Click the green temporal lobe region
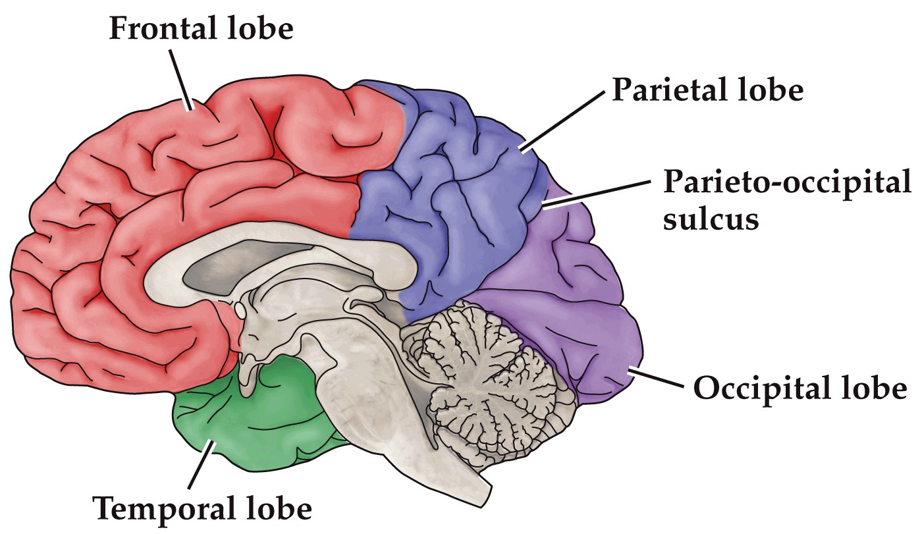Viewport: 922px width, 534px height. coord(263,415)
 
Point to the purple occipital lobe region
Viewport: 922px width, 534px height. coord(566,296)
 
